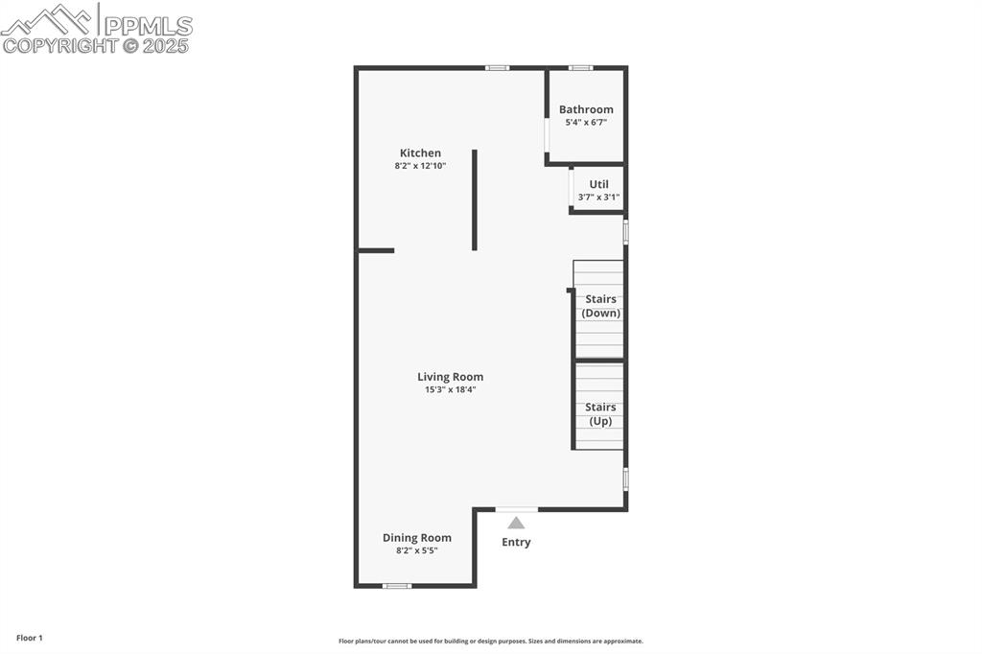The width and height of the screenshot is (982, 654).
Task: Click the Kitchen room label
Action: pyautogui.click(x=420, y=153)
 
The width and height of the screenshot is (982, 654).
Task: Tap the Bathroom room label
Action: pyautogui.click(x=586, y=109)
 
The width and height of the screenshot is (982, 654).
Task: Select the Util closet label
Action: pyautogui.click(x=598, y=184)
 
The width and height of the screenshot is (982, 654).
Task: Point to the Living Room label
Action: pyautogui.click(x=450, y=377)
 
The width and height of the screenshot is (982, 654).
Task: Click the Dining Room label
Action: pyautogui.click(x=416, y=538)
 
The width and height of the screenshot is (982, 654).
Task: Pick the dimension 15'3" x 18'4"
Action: pyautogui.click(x=450, y=390)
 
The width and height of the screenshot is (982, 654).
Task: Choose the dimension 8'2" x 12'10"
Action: pyautogui.click(x=420, y=167)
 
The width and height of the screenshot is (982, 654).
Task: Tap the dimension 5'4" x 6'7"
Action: pyautogui.click(x=586, y=123)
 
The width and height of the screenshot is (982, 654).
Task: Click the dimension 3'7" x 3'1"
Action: pyautogui.click(x=598, y=198)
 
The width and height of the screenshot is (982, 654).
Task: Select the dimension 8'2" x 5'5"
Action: pyautogui.click(x=416, y=551)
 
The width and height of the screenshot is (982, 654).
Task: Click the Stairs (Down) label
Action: pyautogui.click(x=600, y=306)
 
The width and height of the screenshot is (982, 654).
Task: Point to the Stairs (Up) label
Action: pyautogui.click(x=600, y=414)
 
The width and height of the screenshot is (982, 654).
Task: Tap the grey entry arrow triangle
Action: pyautogui.click(x=516, y=523)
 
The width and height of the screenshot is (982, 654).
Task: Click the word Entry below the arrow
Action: pyautogui.click(x=516, y=543)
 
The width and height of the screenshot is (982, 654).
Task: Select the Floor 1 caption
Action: pyautogui.click(x=30, y=638)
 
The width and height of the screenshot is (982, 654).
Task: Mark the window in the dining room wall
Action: pyautogui.click(x=397, y=585)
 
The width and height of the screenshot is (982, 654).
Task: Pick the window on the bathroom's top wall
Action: pyautogui.click(x=580, y=68)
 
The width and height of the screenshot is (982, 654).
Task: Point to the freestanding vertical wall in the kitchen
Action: pyautogui.click(x=474, y=199)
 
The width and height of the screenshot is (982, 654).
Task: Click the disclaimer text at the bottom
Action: pyautogui.click(x=490, y=642)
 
